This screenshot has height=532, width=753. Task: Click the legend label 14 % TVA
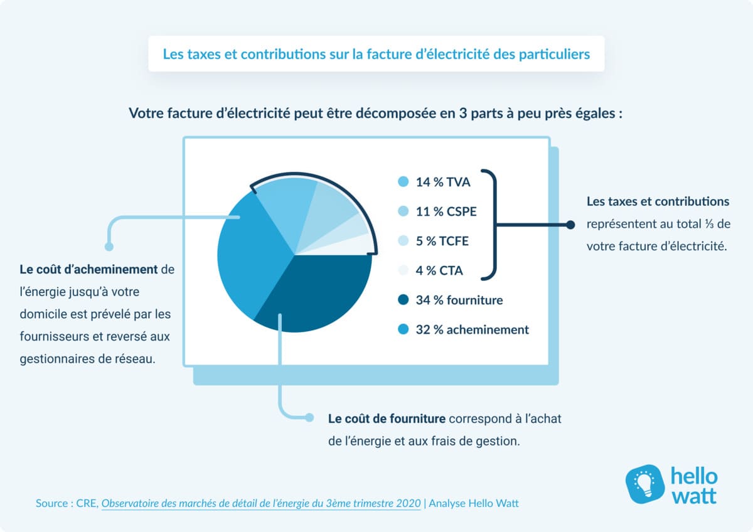click(443, 183)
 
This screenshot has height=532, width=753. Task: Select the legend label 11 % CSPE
click(446, 212)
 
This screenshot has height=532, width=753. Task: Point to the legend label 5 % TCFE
click(442, 242)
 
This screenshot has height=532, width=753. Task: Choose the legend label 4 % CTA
click(439, 271)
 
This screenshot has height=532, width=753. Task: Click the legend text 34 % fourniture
click(459, 301)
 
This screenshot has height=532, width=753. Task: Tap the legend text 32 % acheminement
click(473, 329)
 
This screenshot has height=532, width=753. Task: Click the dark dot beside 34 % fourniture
click(403, 301)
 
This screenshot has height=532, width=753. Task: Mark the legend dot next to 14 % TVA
click(403, 183)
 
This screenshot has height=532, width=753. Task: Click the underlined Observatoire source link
click(261, 503)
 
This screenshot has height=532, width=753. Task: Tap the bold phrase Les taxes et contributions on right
click(658, 202)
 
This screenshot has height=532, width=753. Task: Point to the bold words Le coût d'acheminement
click(88, 270)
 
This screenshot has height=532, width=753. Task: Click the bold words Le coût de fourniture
click(387, 418)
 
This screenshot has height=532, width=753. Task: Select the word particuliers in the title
click(555, 54)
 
